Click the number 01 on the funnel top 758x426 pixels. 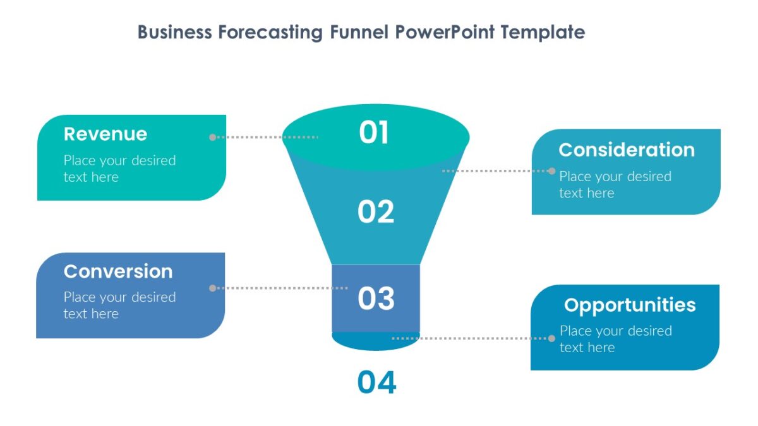[x=374, y=133]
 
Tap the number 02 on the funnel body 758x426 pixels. [x=376, y=212]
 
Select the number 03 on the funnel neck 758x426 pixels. [x=376, y=299]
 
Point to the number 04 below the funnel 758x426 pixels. [x=376, y=383]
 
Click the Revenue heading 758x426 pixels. [x=105, y=134]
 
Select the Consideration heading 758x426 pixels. [x=626, y=150]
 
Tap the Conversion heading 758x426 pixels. [x=118, y=271]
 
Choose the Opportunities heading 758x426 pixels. [x=630, y=305]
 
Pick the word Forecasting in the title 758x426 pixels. [x=271, y=32]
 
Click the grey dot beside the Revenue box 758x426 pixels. [x=213, y=137]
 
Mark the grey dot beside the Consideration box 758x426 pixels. [x=552, y=171]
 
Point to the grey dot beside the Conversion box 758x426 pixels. [x=213, y=288]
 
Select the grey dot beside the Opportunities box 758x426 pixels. [x=552, y=338]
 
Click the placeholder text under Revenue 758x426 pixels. [x=119, y=169]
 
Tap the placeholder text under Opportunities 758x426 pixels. [x=615, y=339]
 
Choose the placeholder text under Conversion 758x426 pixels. [x=119, y=305]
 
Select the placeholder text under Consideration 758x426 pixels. [x=615, y=184]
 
